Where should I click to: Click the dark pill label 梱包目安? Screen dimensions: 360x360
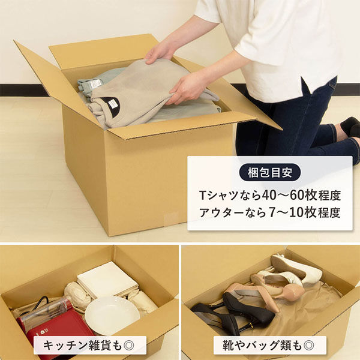click(x=269, y=173)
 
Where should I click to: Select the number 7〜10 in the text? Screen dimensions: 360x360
click(x=281, y=212)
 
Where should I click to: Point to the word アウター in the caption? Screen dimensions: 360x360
click(x=224, y=212)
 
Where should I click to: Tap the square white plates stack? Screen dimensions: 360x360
click(x=108, y=280)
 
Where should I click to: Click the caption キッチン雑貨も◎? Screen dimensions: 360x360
click(x=90, y=346)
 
